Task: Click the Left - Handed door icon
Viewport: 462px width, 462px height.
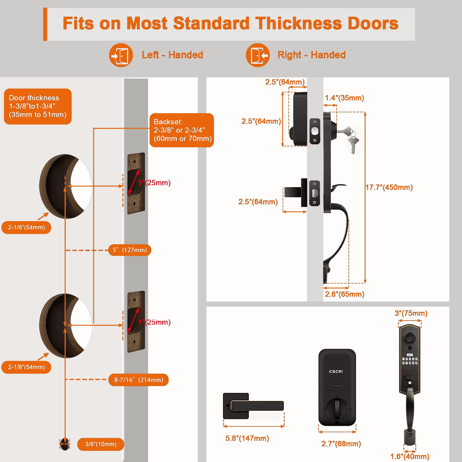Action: tap(121, 55)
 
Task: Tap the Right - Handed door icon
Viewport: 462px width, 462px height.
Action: tap(258, 55)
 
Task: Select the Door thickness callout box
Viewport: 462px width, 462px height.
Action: tap(38, 106)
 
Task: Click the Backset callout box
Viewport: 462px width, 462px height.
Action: tap(182, 130)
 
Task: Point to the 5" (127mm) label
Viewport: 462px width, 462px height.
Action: tap(130, 250)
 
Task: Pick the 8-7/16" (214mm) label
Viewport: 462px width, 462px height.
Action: tap(139, 380)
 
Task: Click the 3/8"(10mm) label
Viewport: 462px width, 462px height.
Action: tap(101, 444)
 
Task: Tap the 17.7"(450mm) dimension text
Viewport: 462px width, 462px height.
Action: tap(389, 187)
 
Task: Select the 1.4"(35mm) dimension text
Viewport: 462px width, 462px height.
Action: tap(344, 98)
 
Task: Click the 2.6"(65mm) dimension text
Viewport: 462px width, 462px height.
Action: tap(344, 294)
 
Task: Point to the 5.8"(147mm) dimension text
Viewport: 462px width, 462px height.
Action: tap(247, 438)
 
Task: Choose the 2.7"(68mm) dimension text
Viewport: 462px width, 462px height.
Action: tap(341, 444)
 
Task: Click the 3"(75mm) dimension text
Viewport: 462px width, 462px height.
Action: tap(411, 313)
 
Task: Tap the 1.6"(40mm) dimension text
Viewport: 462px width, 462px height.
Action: tap(410, 457)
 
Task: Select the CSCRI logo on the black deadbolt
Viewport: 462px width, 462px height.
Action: tap(336, 372)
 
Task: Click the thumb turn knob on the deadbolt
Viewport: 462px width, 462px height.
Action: tap(337, 408)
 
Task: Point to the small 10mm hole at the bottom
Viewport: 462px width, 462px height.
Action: tap(65, 444)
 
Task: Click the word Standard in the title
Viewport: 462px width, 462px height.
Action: tap(211, 23)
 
